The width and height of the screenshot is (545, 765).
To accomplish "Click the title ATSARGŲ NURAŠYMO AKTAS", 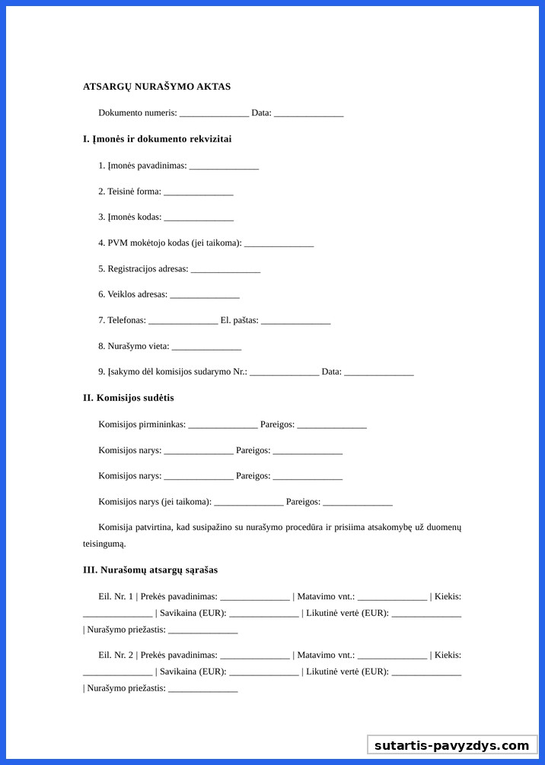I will coord(157,87).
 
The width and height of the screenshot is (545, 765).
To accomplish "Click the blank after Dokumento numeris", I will coord(214,113).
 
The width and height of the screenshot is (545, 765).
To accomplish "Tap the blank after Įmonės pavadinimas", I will coord(224,166).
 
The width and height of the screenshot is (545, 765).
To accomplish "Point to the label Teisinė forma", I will coord(129,192).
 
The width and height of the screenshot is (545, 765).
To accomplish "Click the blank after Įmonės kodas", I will coord(199,217).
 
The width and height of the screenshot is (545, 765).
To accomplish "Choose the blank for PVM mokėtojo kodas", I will coord(279,243).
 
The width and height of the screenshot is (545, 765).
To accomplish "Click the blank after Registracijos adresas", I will coord(225,269).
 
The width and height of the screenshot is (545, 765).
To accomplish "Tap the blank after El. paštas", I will coord(295,321).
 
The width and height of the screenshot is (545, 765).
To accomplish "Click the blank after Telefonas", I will coord(183,321).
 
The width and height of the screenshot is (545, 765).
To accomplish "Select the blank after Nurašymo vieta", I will coord(206,347).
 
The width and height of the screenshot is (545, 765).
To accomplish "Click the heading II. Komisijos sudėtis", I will coord(129,398).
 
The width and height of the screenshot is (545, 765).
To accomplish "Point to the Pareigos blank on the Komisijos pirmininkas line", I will coord(332,425).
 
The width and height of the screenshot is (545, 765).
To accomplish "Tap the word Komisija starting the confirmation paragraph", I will coord(114,528).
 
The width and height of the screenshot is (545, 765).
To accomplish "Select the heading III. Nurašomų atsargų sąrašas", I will coord(150,570).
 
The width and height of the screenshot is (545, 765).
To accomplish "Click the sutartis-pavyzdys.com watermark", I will coord(451,745).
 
